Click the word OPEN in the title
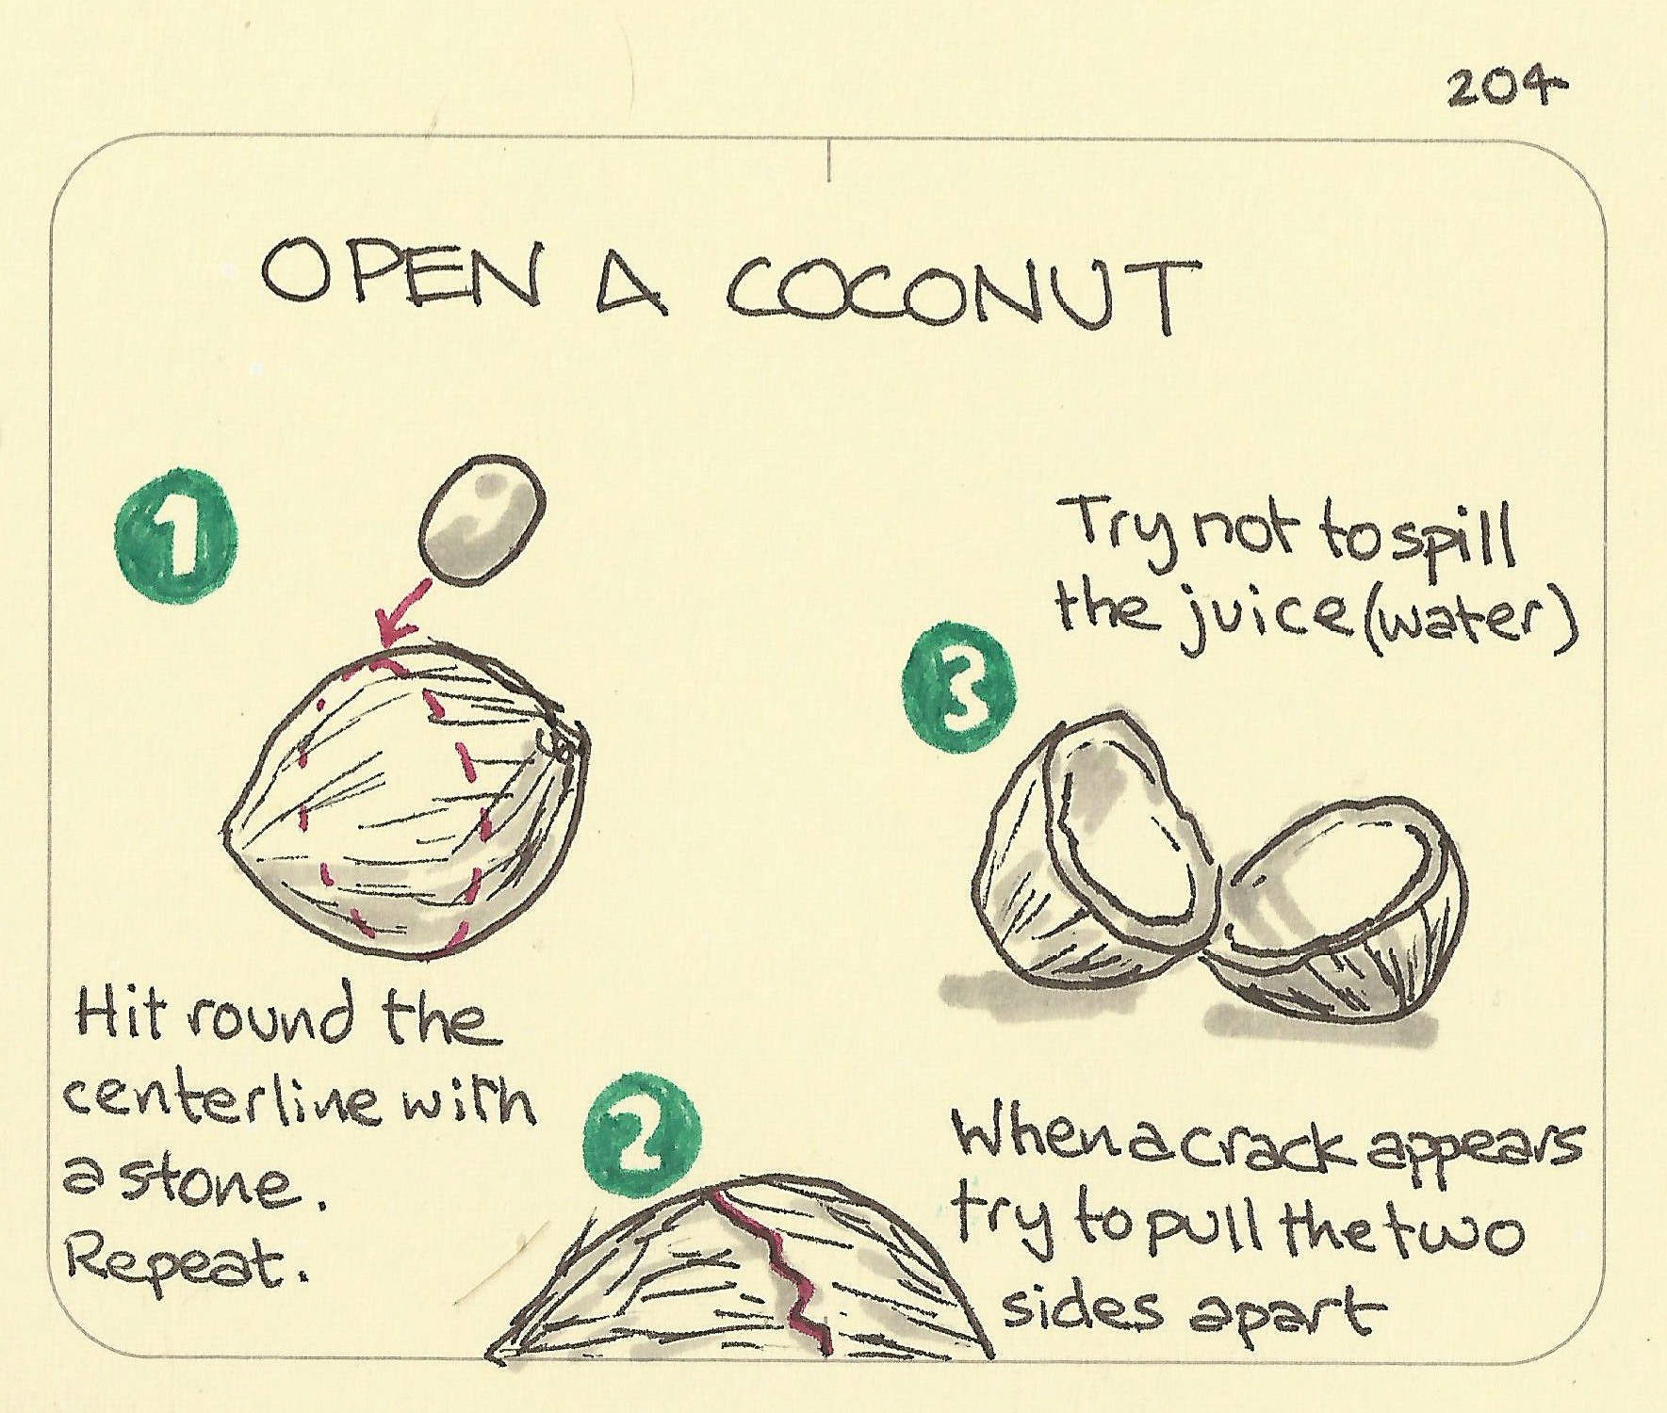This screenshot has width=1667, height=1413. (x=400, y=273)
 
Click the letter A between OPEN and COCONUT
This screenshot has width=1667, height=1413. (x=632, y=284)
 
